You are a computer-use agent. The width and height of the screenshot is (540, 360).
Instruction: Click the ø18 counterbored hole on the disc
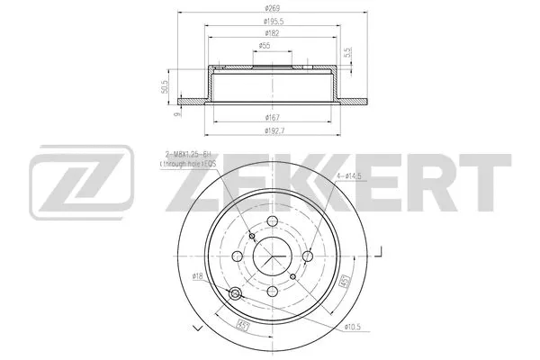click(237, 294)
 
